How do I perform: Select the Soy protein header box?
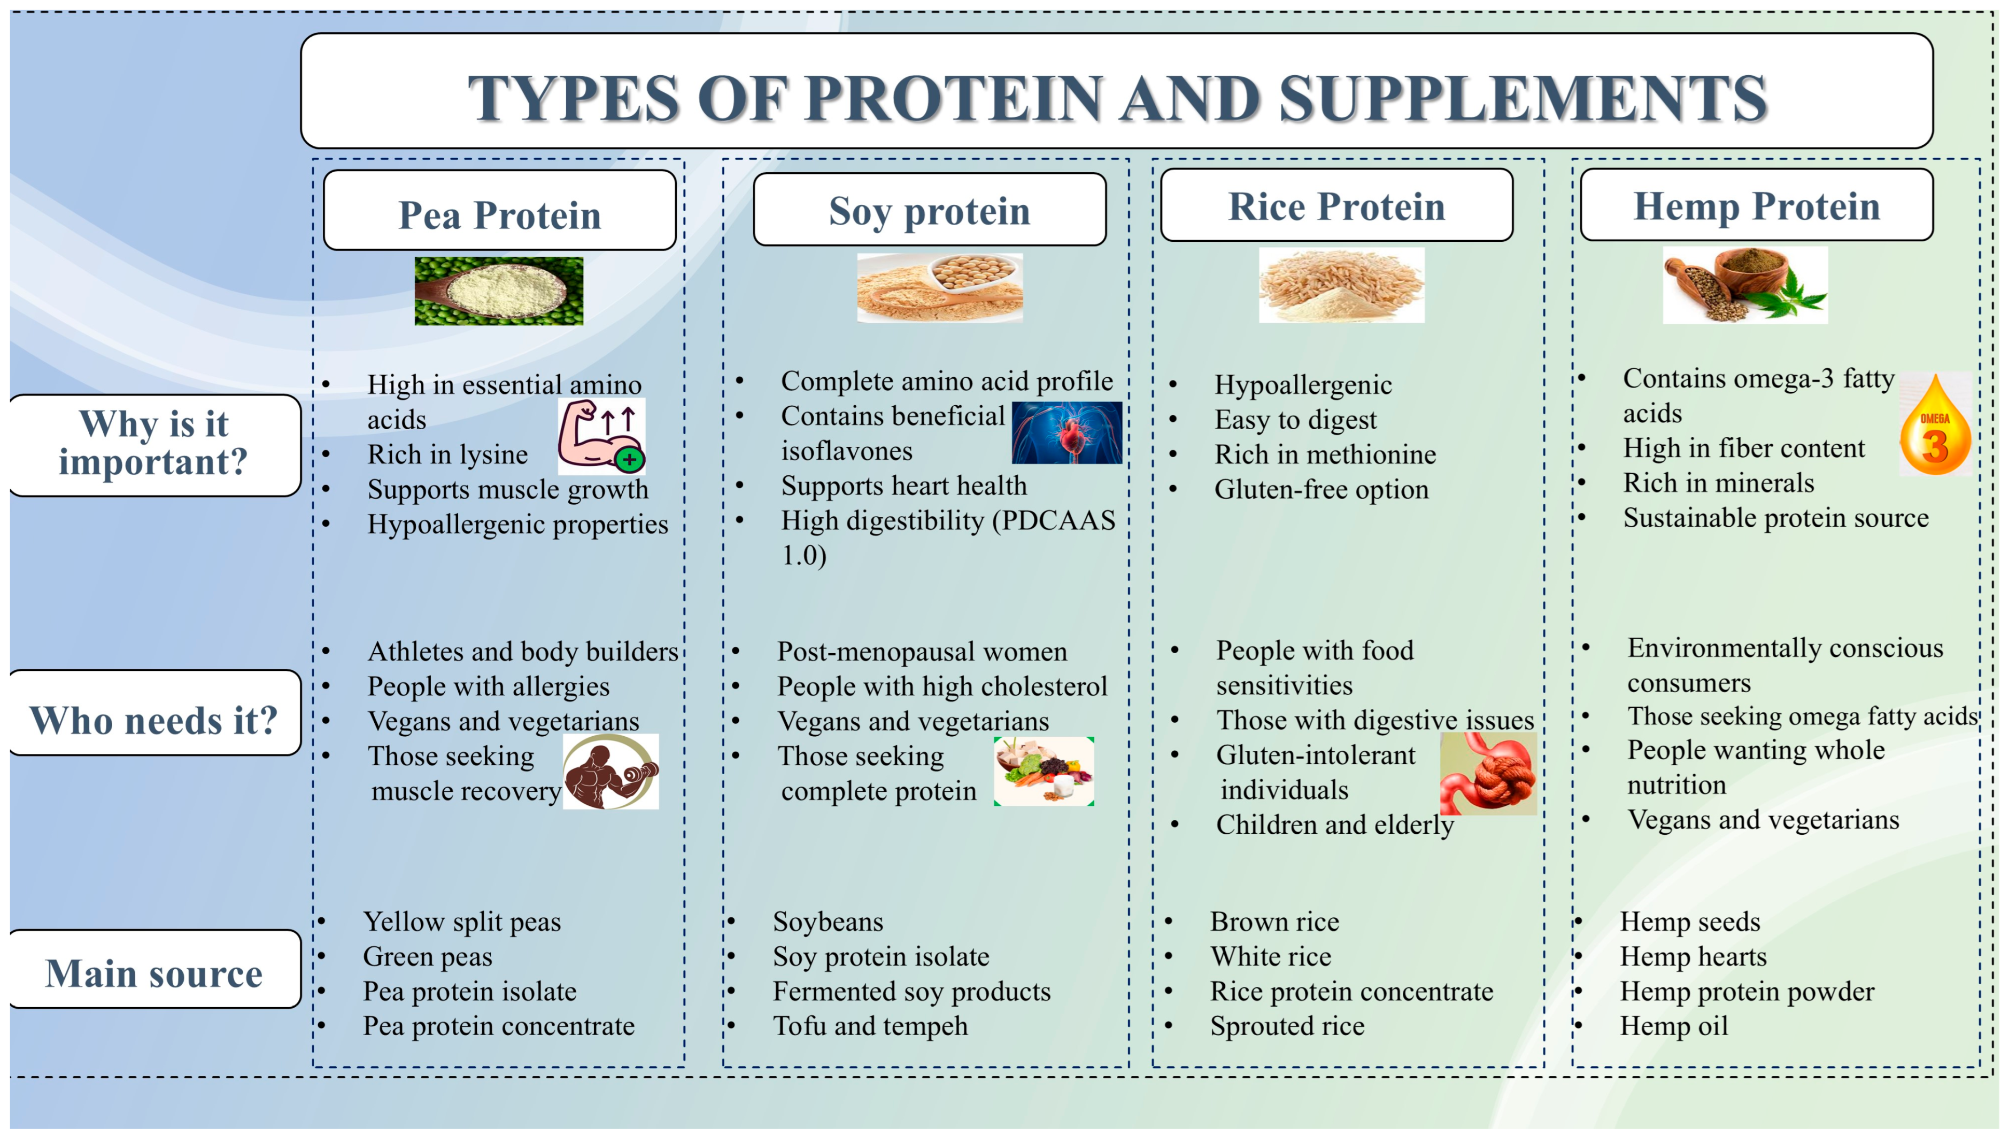(x=929, y=210)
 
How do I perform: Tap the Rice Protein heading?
(x=1336, y=205)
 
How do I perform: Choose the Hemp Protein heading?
(x=1757, y=205)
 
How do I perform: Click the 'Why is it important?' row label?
(x=155, y=445)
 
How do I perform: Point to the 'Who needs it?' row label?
(x=155, y=713)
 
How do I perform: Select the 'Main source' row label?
(x=155, y=969)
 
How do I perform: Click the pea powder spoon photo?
(x=499, y=291)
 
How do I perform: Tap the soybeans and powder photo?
(x=940, y=288)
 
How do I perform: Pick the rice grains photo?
(x=1341, y=285)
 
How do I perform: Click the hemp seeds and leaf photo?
(x=1745, y=285)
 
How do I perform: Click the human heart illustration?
(x=1066, y=433)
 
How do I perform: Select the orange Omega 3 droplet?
(x=1935, y=423)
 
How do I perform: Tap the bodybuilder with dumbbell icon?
(x=611, y=772)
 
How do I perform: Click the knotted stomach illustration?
(x=1488, y=774)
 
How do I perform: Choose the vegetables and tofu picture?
(x=1044, y=771)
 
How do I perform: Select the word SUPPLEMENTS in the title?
(x=1523, y=98)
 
